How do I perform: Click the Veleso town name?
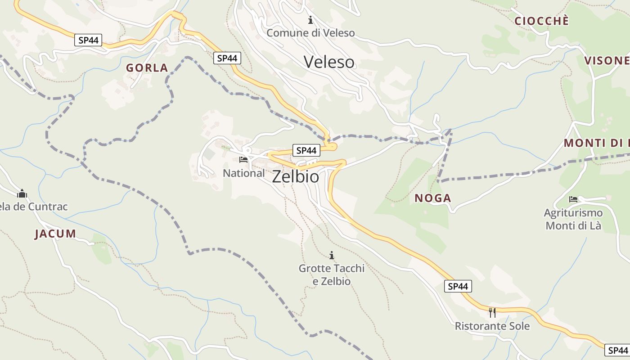click(x=329, y=62)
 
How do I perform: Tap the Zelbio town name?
click(x=296, y=176)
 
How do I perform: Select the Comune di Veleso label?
click(x=310, y=33)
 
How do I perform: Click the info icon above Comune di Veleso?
click(x=310, y=20)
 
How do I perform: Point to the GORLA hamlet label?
click(x=147, y=68)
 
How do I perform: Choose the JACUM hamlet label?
click(x=55, y=234)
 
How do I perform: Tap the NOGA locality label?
click(x=432, y=198)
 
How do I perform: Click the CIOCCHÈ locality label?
click(x=541, y=21)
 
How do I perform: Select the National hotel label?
click(x=243, y=173)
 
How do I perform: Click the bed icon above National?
click(x=243, y=159)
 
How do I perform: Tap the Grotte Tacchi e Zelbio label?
click(x=332, y=274)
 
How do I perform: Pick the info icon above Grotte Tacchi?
click(x=332, y=256)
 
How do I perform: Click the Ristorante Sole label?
click(x=492, y=326)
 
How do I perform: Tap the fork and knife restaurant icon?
click(x=492, y=312)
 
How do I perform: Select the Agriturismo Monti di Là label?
click(x=573, y=219)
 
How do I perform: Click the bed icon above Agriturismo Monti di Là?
click(x=573, y=199)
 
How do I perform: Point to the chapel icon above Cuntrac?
click(x=22, y=194)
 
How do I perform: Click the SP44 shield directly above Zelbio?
click(x=306, y=150)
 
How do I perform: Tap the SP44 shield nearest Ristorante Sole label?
click(x=458, y=286)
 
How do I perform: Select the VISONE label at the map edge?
click(x=607, y=61)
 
